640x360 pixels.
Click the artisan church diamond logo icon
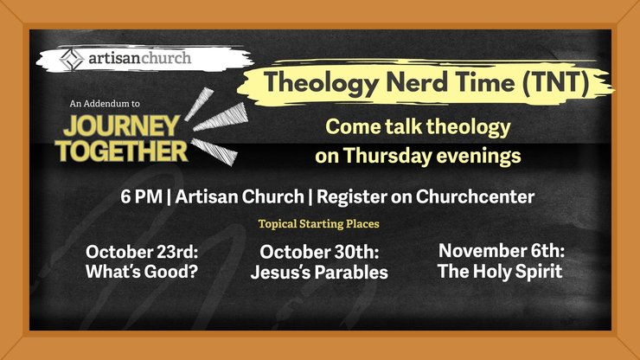pos(72,60)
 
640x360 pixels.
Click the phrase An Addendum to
pos(105,104)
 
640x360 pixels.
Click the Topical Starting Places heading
pos(319,223)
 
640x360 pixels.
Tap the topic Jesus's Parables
pos(319,272)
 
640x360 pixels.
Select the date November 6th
pos(501,251)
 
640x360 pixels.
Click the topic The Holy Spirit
pos(501,271)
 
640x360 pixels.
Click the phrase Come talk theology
pos(418,128)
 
